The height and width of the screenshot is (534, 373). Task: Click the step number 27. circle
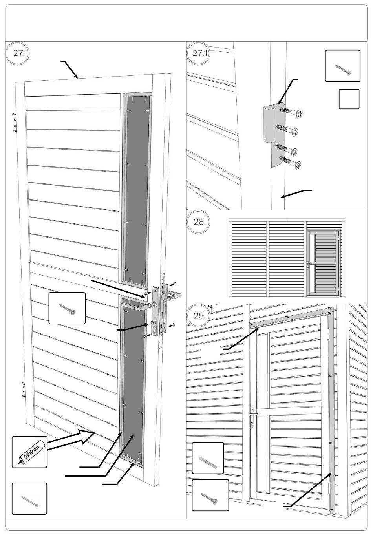pyautogui.click(x=19, y=53)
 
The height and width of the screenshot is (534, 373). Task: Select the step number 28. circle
pyautogui.click(x=199, y=222)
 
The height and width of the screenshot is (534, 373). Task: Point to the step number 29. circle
pyautogui.click(x=199, y=316)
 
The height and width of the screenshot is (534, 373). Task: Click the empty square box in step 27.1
pyautogui.click(x=349, y=99)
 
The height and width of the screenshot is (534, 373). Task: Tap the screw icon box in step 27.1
pyautogui.click(x=342, y=66)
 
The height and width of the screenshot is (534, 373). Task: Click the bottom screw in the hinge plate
pyautogui.click(x=290, y=162)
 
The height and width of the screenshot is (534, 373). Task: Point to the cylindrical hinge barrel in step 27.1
pyautogui.click(x=269, y=124)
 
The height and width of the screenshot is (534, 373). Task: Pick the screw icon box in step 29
pyautogui.click(x=210, y=496)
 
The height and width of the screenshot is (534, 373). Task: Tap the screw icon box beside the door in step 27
pyautogui.click(x=67, y=308)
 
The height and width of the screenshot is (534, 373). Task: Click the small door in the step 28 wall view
pyautogui.click(x=324, y=263)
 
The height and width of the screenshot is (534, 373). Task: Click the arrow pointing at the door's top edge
pyautogui.click(x=69, y=69)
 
